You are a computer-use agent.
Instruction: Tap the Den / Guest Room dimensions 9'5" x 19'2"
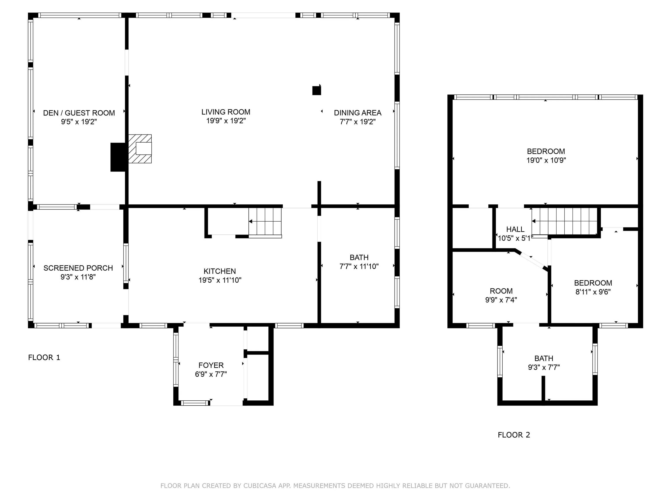click(79, 122)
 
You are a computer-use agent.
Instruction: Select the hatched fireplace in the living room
click(140, 149)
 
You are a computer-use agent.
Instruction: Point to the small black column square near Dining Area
click(317, 91)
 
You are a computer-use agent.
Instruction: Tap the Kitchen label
click(220, 271)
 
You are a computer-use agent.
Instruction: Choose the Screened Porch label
click(78, 268)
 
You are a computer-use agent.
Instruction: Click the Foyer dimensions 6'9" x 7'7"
click(211, 374)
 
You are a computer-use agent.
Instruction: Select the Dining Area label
click(358, 113)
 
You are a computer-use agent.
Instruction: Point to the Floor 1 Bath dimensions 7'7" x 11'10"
click(359, 267)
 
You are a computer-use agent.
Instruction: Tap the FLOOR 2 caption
click(514, 435)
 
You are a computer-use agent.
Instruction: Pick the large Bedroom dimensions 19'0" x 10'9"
click(546, 160)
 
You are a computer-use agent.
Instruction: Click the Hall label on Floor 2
click(515, 229)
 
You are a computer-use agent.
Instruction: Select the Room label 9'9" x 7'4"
click(501, 291)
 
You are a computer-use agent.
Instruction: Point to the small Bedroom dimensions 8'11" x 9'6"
click(593, 292)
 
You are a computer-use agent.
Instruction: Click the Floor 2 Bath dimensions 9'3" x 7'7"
click(544, 367)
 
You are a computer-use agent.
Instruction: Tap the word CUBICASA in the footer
click(260, 486)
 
